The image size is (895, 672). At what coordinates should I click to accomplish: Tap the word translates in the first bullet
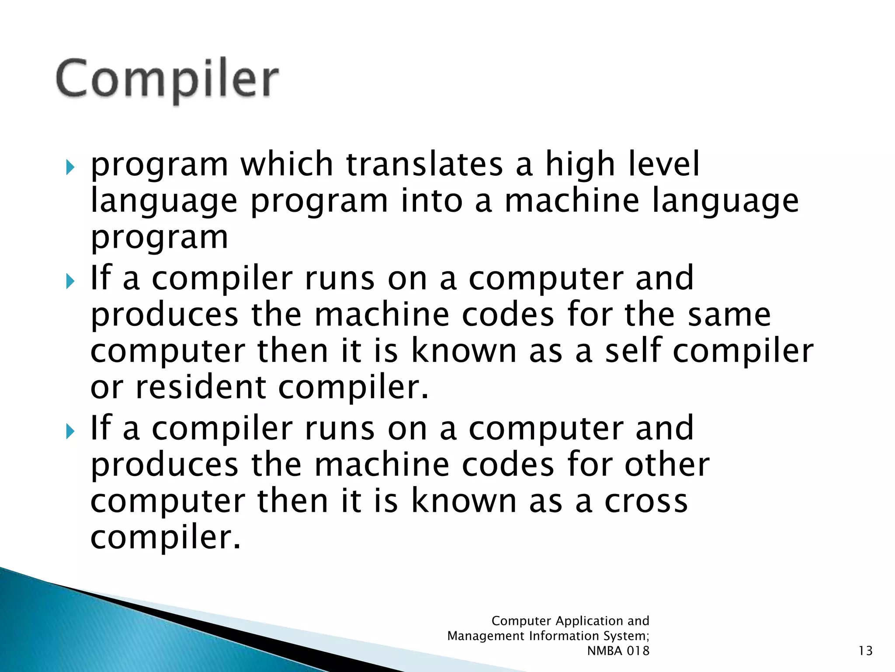coord(424,164)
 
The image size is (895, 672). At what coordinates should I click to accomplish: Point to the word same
coord(729,315)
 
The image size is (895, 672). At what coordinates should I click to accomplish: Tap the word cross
coord(646,501)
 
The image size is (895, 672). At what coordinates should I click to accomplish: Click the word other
coord(667,465)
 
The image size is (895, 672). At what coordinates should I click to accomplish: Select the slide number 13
coord(865,651)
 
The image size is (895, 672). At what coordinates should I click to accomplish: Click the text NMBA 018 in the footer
coord(618,651)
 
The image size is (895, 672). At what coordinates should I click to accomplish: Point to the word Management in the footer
coord(486,636)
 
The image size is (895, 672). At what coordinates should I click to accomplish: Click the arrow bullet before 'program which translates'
coord(70,167)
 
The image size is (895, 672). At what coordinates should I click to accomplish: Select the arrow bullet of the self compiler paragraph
coord(70,281)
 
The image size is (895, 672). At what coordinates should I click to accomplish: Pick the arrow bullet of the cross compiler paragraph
coord(70,431)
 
